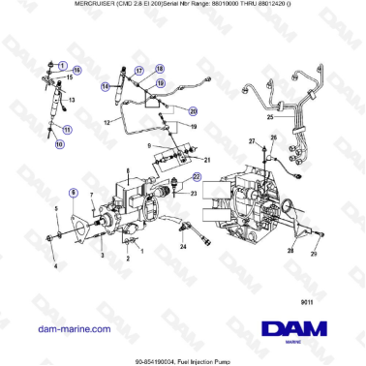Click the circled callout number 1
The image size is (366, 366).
62,64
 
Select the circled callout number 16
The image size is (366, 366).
78,72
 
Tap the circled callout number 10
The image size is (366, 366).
59,144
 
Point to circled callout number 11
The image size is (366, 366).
67,128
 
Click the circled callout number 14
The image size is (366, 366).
106,86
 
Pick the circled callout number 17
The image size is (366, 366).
138,72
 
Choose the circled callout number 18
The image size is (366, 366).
160,69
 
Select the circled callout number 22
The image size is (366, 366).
197,176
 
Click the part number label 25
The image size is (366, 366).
270,118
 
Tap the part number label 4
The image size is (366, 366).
55,265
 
